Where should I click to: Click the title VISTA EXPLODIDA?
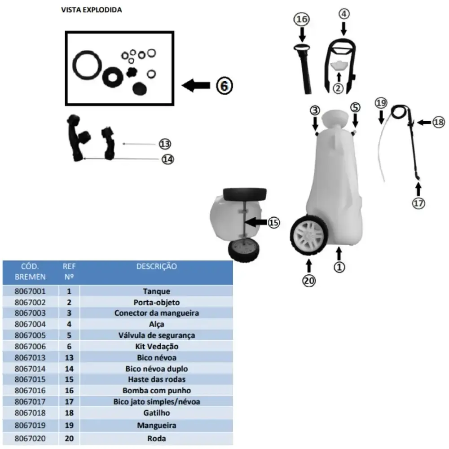(91, 10)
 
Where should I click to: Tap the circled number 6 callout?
(224, 86)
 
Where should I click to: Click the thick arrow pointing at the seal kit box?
(196, 85)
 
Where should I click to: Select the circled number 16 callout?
(302, 19)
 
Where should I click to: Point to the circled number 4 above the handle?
(344, 14)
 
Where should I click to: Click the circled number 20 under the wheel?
(309, 281)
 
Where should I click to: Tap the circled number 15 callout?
(273, 223)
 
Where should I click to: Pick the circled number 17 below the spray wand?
(418, 203)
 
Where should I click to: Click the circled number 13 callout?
(165, 144)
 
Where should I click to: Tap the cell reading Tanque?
(156, 291)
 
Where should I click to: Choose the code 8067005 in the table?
(30, 335)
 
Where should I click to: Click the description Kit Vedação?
(157, 347)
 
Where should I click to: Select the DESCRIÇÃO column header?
(157, 266)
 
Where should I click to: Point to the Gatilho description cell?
(156, 413)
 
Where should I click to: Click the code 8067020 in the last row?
(30, 438)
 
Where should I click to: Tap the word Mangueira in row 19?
(157, 426)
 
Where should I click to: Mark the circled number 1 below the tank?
(339, 267)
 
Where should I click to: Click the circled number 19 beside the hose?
(381, 103)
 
